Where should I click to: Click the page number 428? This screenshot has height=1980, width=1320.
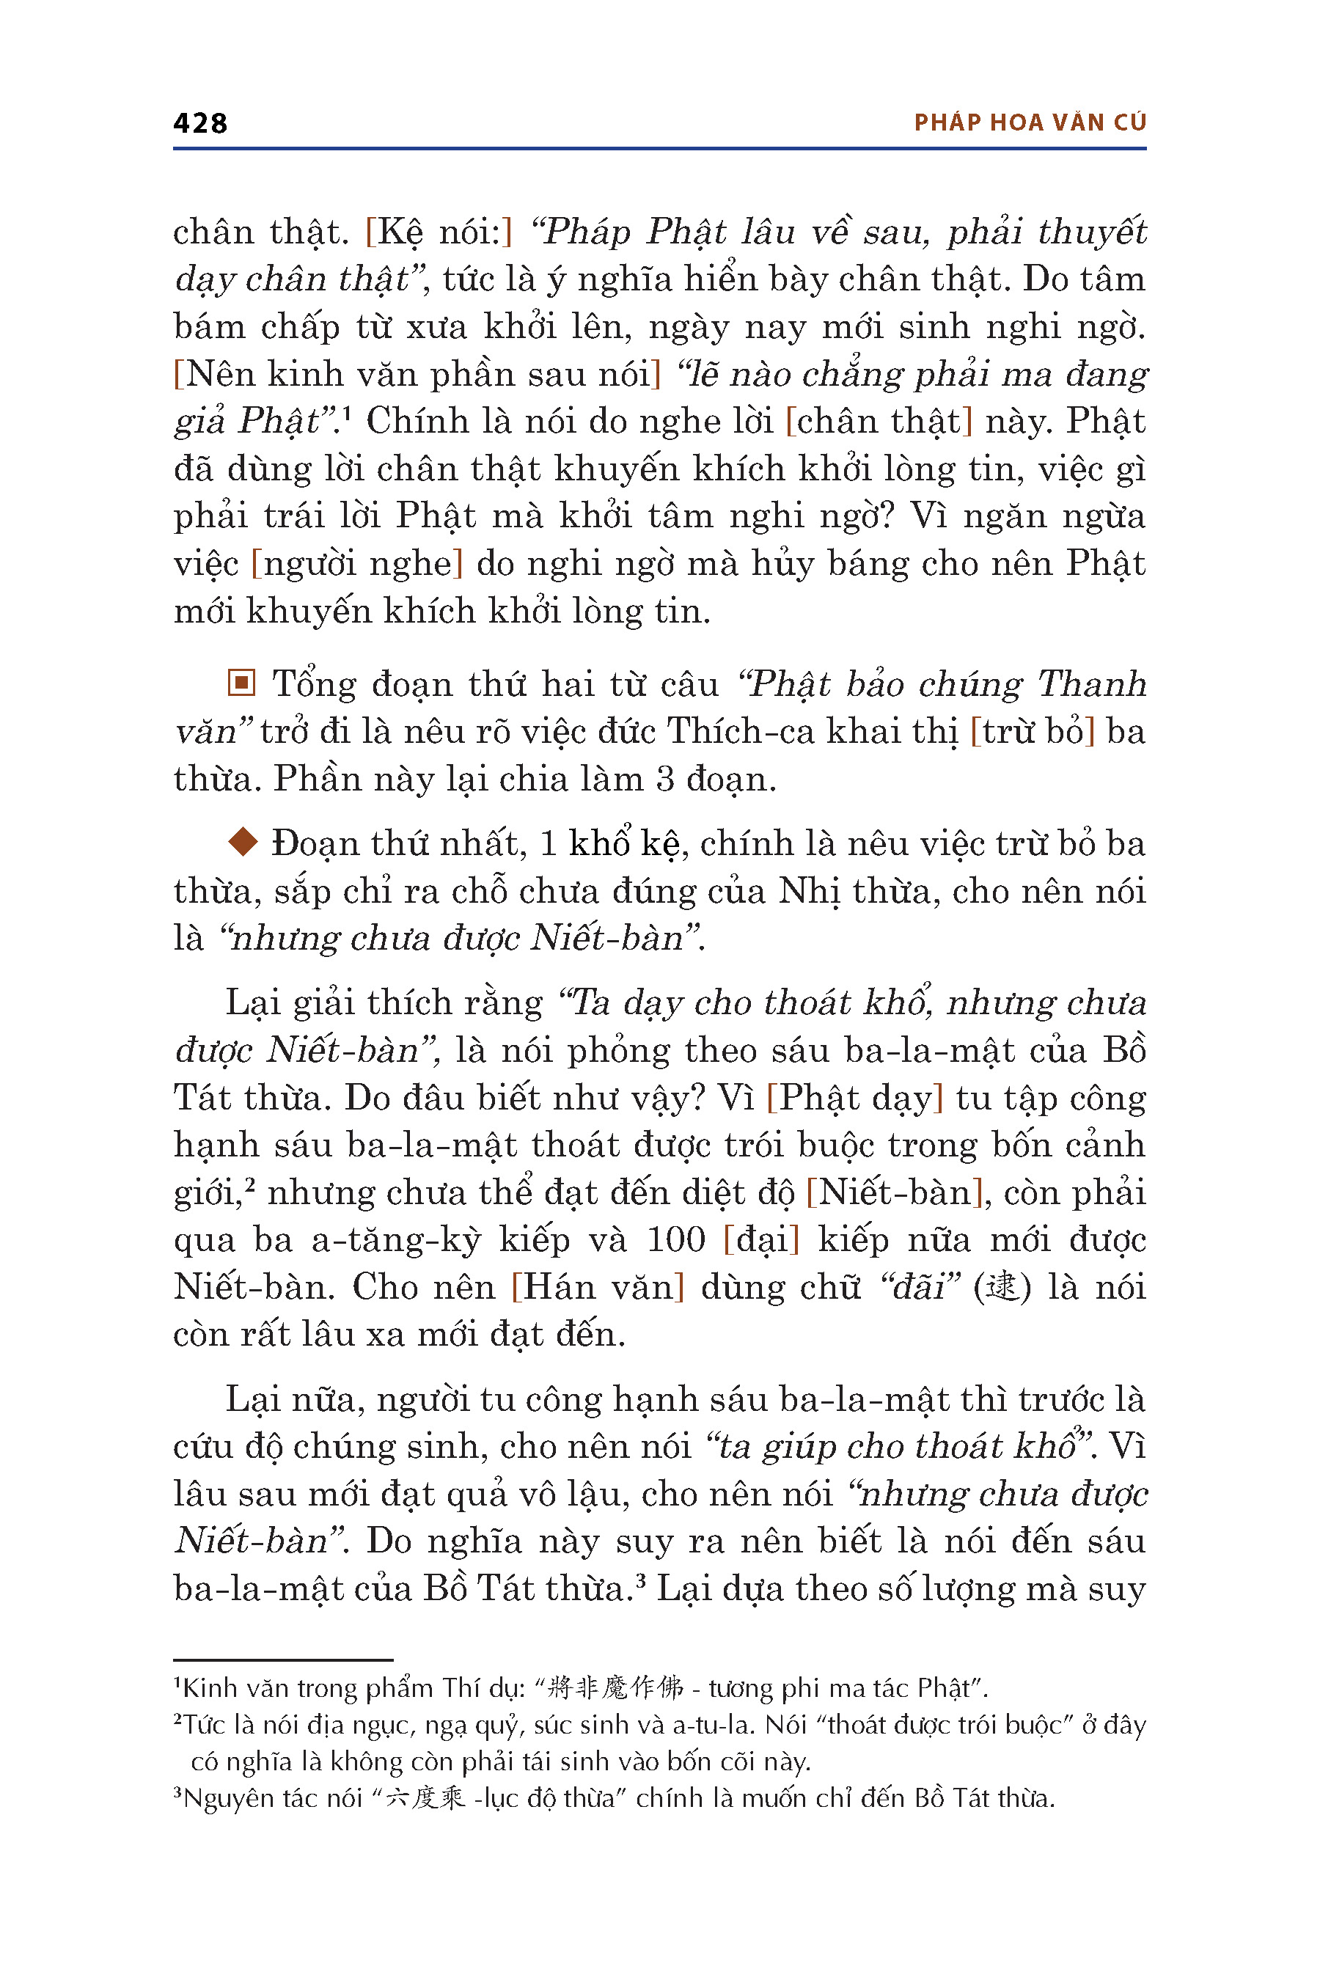[x=199, y=123]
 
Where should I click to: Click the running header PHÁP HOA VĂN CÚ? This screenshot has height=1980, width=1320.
[x=1030, y=123]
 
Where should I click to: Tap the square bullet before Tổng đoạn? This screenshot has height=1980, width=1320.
[x=241, y=683]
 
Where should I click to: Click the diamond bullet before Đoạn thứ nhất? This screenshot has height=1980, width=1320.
[x=243, y=841]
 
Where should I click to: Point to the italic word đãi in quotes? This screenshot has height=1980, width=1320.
[x=920, y=1287]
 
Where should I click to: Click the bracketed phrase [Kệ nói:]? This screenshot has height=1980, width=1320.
[x=439, y=232]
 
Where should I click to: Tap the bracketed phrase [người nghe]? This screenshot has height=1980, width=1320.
[x=357, y=563]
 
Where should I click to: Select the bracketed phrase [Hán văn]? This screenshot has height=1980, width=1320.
[x=598, y=1287]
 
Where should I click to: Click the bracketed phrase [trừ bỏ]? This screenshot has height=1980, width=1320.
[x=1032, y=730]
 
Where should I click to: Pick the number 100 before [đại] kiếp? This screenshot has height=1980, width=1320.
[x=676, y=1240]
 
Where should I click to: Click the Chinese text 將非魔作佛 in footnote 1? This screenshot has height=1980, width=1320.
[x=615, y=1688]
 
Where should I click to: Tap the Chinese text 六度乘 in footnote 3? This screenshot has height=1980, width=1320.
[x=425, y=1798]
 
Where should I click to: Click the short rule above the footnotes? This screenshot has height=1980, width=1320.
[x=283, y=1660]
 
